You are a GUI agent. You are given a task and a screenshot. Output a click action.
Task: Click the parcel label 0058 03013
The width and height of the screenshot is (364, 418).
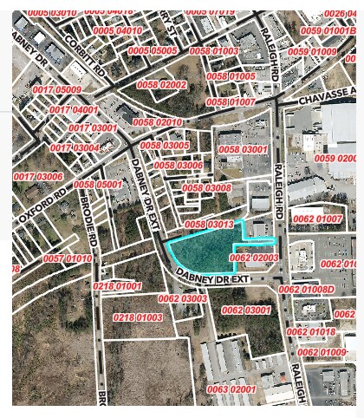coord(210,225)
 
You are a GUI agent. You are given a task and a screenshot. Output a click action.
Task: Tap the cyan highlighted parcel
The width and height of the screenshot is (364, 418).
coord(204,251)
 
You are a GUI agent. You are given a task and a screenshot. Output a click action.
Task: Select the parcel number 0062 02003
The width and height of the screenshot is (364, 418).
coord(254,258)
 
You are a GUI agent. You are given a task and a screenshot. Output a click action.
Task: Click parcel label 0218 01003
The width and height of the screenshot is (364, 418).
coord(138,318)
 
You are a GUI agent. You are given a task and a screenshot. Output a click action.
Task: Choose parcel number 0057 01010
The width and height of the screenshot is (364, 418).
coord(68,258)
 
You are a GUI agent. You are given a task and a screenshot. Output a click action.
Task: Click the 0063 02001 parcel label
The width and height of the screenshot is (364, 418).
coord(231,389)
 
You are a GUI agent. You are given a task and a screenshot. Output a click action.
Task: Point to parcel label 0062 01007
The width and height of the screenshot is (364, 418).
coord(317,219)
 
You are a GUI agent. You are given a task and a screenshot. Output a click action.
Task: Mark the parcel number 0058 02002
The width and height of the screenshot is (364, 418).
coord(161,84)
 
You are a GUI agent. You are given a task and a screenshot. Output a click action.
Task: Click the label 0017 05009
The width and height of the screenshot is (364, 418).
coord(57,90)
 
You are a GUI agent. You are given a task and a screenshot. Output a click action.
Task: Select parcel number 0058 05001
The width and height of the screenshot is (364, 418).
coord(98,185)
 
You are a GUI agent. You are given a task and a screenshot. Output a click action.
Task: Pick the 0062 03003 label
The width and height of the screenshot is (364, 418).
coord(182,298)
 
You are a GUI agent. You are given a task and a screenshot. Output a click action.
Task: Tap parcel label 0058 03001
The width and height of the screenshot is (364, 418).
coord(243,150)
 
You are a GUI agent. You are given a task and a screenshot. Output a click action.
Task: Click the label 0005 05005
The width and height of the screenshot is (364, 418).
coord(153,51)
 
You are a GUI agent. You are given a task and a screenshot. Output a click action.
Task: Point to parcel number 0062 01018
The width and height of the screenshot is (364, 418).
coord(310,332)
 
